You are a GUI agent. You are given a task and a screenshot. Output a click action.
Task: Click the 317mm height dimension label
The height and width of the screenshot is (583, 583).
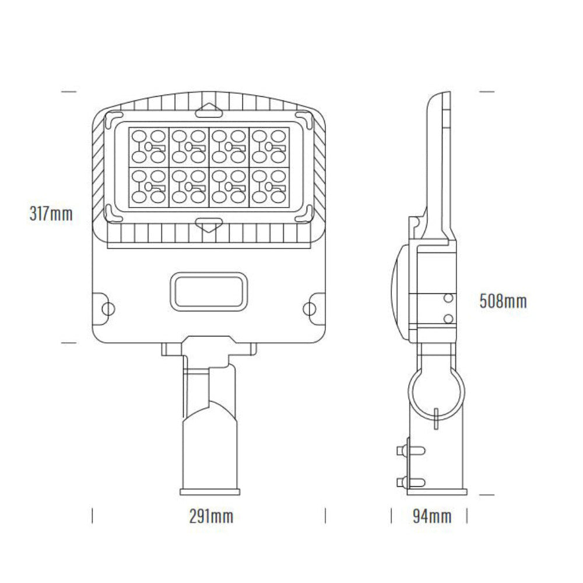[x=51, y=214]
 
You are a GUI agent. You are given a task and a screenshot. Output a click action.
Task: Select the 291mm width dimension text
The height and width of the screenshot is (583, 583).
[x=211, y=516]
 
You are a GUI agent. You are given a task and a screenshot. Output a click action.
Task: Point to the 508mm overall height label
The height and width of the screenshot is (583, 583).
[x=503, y=301]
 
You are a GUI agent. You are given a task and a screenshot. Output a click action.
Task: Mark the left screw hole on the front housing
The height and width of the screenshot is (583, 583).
[x=107, y=307]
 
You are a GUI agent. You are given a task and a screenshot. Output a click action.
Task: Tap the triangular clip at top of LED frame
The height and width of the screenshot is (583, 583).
[x=208, y=110]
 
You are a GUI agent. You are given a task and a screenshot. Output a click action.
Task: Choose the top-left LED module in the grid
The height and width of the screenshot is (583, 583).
[x=149, y=146]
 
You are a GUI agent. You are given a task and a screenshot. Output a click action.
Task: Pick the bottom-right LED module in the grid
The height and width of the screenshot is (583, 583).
[x=269, y=187]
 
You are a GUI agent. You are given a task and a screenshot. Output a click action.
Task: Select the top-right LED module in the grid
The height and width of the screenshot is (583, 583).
[x=269, y=146]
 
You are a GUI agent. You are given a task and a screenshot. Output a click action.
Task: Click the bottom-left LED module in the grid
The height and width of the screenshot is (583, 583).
[x=149, y=187]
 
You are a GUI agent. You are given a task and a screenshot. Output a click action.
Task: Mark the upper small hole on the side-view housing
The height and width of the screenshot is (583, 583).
[x=448, y=298]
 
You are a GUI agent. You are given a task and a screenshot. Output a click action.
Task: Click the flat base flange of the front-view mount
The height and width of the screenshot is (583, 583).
[x=210, y=490]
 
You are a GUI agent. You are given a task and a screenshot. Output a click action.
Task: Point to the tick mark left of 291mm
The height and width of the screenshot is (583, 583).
[x=93, y=516]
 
